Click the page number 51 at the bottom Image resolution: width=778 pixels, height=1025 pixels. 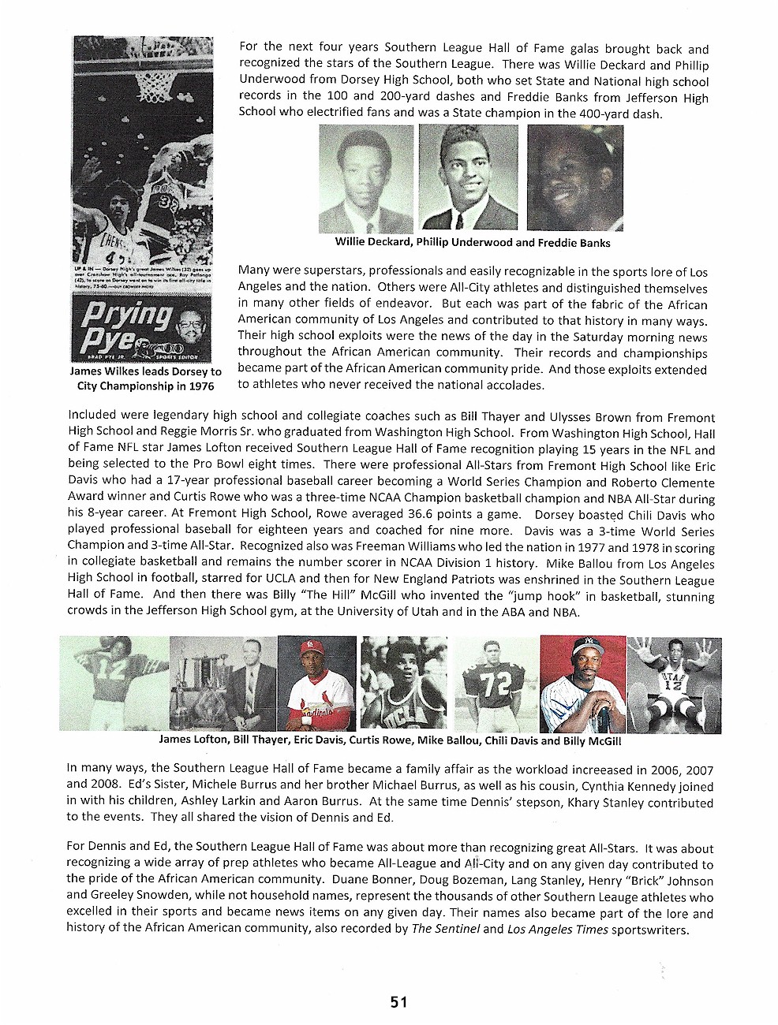(x=398, y=1002)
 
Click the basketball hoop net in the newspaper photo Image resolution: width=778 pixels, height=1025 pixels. (x=156, y=80)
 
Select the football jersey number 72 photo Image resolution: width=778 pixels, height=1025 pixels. (x=496, y=684)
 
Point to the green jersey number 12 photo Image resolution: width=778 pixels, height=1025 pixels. (x=114, y=684)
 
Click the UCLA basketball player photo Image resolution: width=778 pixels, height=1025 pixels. (x=403, y=684)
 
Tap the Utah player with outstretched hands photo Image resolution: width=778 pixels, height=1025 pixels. (x=673, y=684)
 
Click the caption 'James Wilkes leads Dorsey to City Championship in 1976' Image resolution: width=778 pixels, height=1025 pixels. (x=146, y=378)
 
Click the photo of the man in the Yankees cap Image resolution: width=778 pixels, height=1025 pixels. (x=582, y=684)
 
